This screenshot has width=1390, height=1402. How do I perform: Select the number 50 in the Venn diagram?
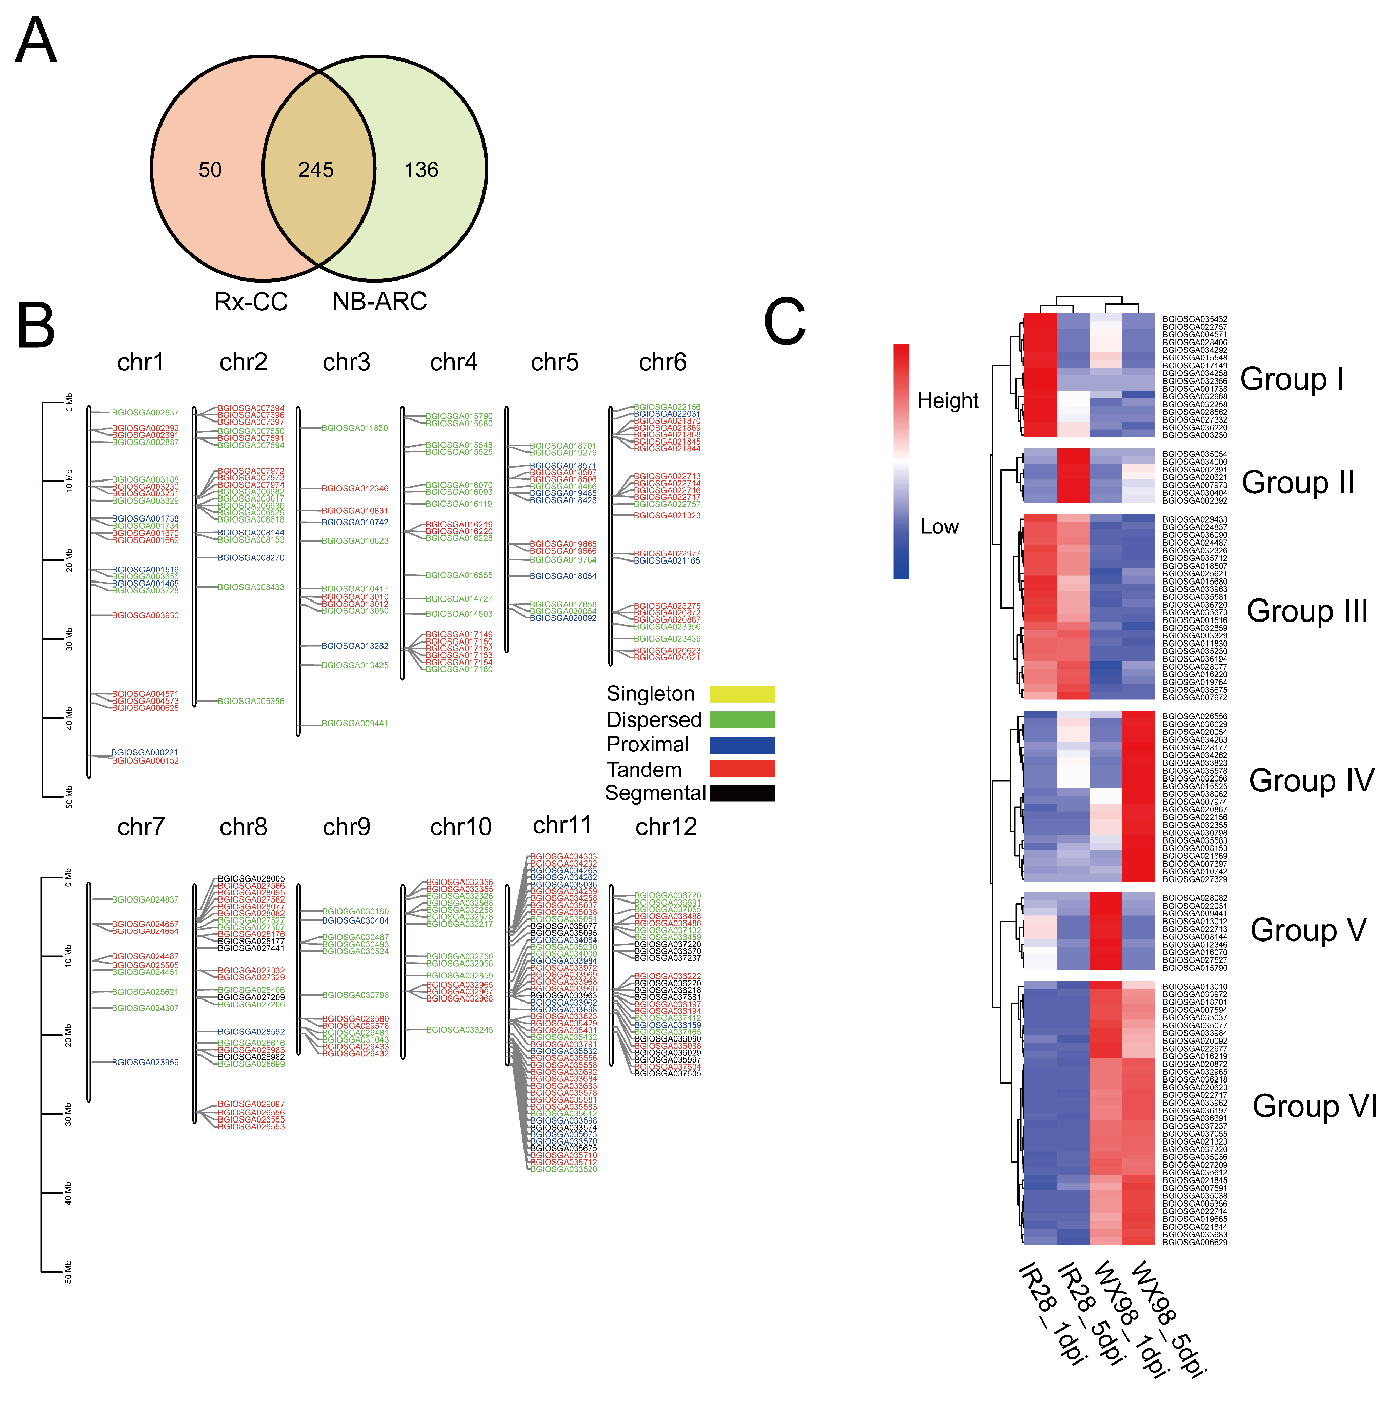pos(210,170)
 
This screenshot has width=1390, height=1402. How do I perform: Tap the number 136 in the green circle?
pos(421,170)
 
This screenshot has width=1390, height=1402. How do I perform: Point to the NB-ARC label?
pos(379,301)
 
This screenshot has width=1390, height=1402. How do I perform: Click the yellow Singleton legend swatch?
pos(742,694)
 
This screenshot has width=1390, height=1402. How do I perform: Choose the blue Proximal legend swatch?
pos(742,745)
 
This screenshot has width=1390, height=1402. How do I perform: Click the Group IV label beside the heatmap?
pos(1311,781)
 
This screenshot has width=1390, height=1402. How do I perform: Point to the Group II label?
pos(1298,483)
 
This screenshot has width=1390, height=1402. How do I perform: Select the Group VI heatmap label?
pos(1315,1106)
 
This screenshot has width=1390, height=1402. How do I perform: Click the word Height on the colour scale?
pos(948,400)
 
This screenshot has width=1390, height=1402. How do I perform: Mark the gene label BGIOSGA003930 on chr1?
pos(145,615)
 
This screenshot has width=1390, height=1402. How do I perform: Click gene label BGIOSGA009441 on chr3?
pos(355,724)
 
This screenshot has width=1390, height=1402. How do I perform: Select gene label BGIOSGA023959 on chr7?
pos(145,1063)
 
